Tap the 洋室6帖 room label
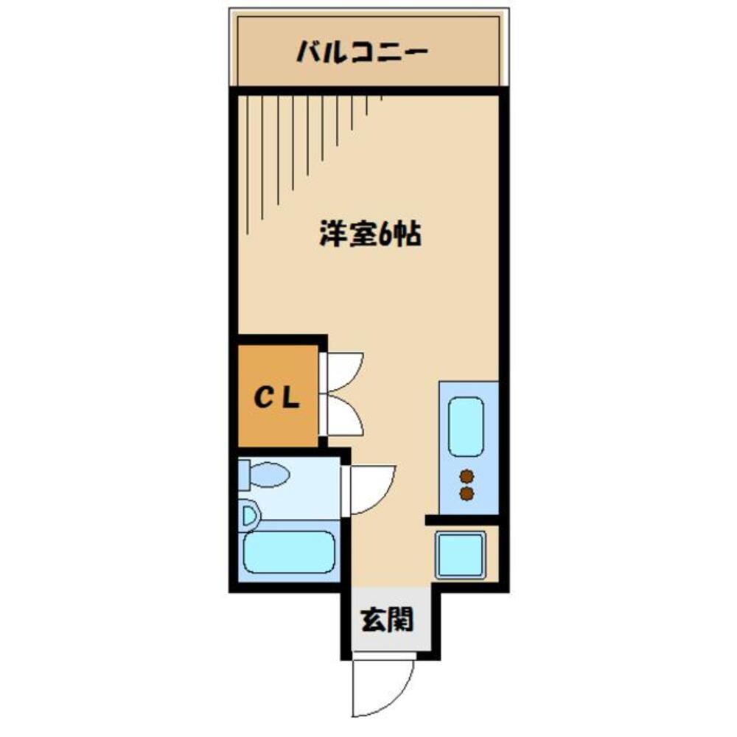click(369, 236)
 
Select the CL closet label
click(277, 398)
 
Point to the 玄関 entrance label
click(385, 621)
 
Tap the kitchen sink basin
click(466, 427)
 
